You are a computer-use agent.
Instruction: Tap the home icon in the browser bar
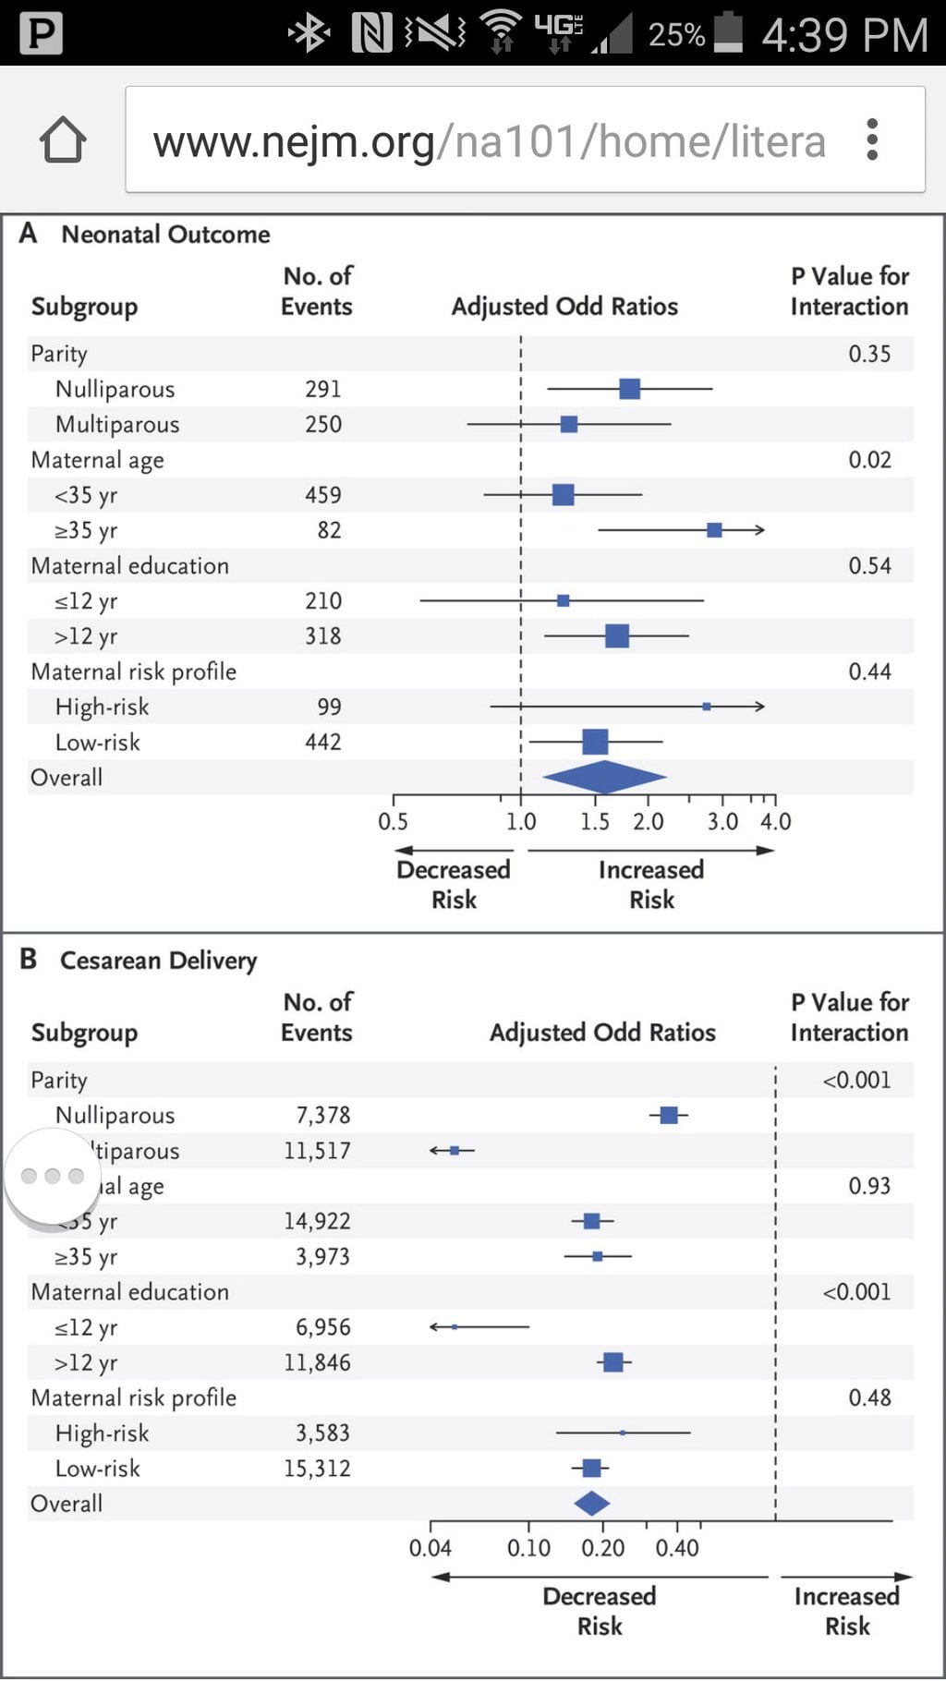63,140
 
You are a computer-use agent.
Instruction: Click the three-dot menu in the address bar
872,140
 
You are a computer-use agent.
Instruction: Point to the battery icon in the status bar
728,33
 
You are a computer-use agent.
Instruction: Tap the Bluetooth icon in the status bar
309,34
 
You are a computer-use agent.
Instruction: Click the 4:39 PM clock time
844,35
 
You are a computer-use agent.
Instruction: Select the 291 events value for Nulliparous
323,389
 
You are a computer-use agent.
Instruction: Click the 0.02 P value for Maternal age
869,460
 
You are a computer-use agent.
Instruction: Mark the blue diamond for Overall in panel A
604,777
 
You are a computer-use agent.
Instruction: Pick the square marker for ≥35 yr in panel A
714,530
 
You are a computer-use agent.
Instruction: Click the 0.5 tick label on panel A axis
393,821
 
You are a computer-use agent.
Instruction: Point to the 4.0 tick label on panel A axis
775,821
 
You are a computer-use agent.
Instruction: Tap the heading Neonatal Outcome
165,235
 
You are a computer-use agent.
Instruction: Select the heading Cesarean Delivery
158,961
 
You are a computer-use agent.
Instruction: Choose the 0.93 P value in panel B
869,1186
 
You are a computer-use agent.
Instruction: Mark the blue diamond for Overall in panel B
592,1504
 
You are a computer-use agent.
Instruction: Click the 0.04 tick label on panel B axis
430,1548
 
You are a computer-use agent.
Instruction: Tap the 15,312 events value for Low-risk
317,1469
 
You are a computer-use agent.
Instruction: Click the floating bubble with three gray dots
52,1176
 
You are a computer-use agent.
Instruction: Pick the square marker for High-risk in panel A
707,707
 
